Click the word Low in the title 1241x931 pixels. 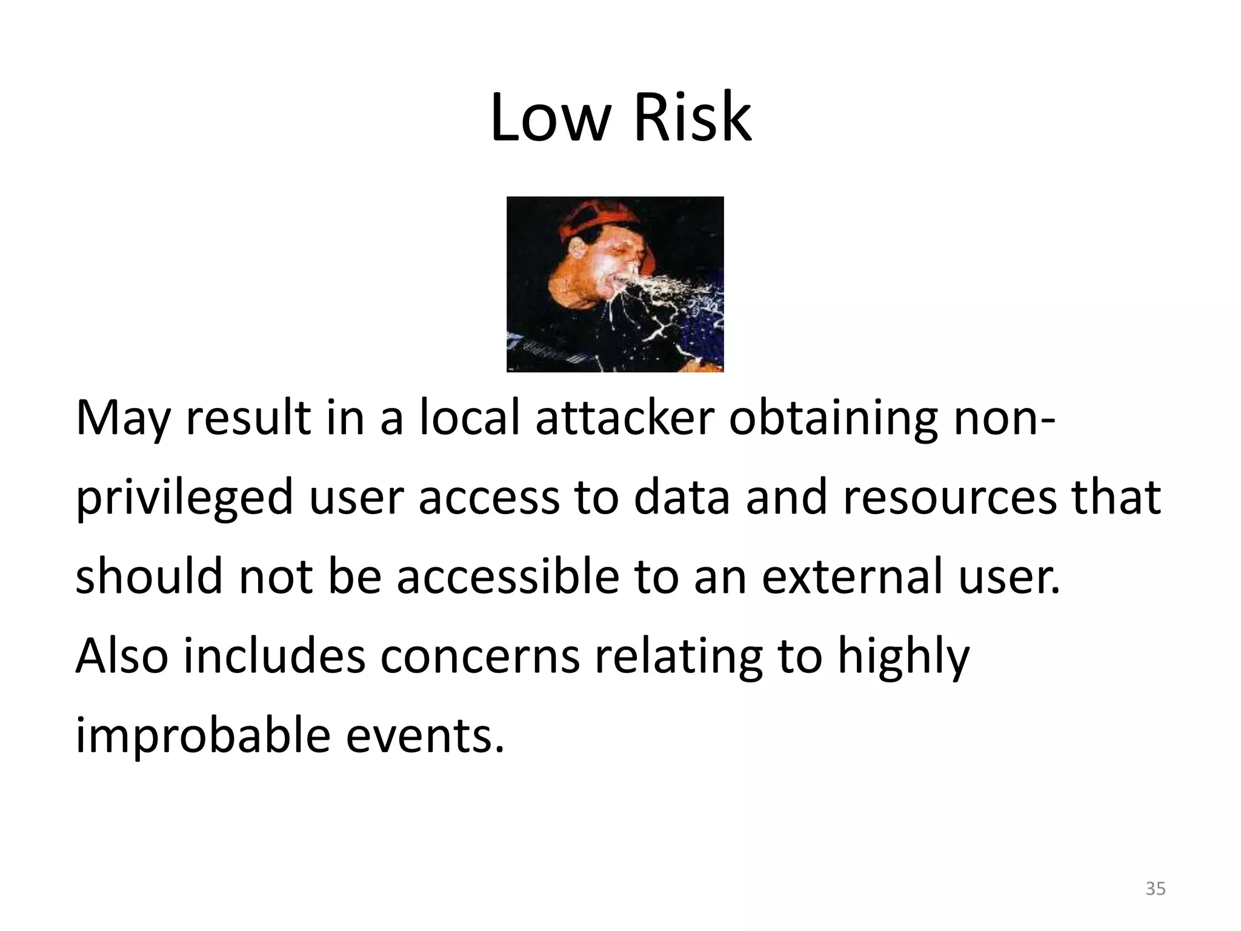point(549,118)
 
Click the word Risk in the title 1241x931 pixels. point(692,118)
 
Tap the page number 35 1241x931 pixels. point(1155,889)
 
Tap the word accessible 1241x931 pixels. point(508,576)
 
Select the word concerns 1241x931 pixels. point(480,657)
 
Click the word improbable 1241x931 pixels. point(202,737)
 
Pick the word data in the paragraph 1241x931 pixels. point(682,497)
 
